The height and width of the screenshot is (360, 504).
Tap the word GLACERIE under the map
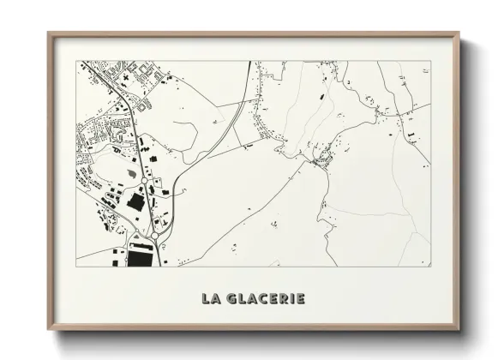click(x=265, y=298)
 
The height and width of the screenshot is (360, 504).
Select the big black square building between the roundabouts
click(x=135, y=203)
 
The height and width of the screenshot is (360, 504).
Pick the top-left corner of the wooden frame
click(x=49, y=33)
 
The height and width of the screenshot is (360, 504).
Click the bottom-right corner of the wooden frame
click(x=462, y=329)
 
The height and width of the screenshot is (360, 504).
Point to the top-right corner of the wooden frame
click(x=462, y=33)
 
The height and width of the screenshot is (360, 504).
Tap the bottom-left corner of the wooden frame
click(x=49, y=329)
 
